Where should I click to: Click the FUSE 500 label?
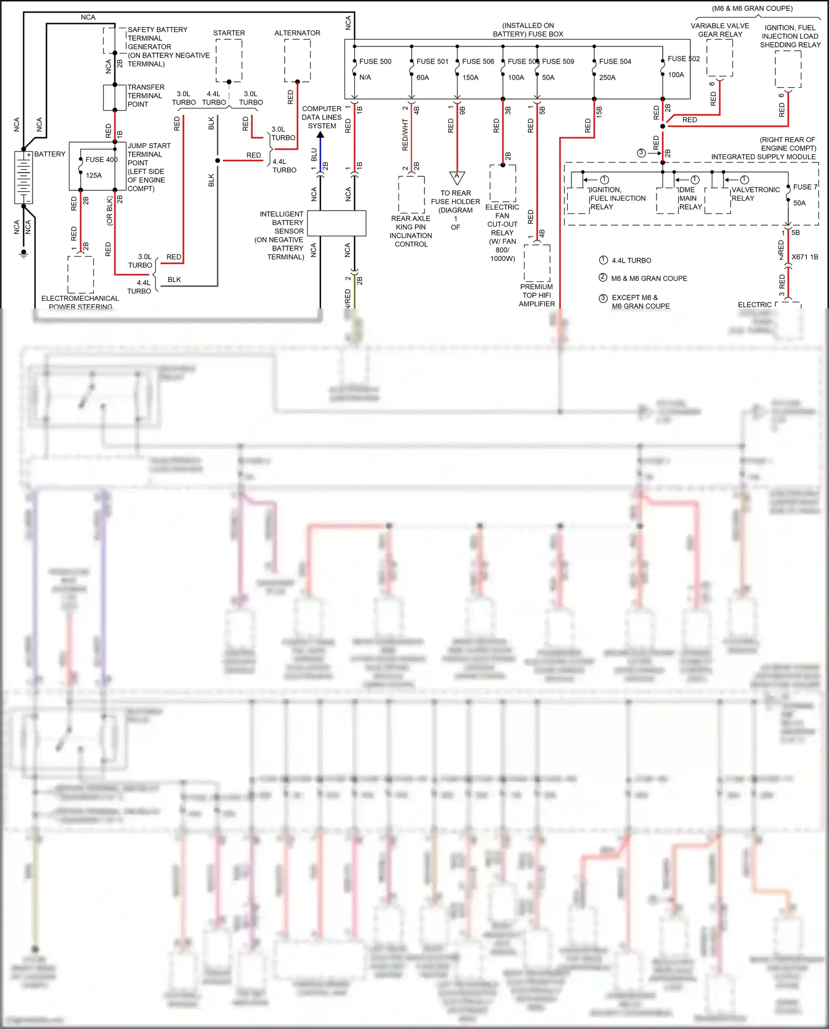pyautogui.click(x=375, y=61)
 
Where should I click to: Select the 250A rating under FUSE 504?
pyautogui.click(x=607, y=77)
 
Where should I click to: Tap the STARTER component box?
pyautogui.click(x=229, y=60)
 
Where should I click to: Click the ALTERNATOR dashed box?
pyautogui.click(x=297, y=60)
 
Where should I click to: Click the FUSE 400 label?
pyautogui.click(x=101, y=159)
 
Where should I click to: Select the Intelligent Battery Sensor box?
pyautogui.click(x=337, y=223)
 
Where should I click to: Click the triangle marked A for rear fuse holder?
pyautogui.click(x=457, y=177)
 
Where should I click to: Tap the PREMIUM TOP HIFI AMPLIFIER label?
pyautogui.click(x=537, y=295)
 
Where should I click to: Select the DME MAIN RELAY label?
pyautogui.click(x=690, y=198)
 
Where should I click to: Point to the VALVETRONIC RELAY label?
pyautogui.click(x=755, y=194)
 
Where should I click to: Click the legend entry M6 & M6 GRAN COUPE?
pyautogui.click(x=649, y=278)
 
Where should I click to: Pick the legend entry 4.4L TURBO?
pyautogui.click(x=631, y=260)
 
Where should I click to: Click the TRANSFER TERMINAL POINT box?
pyautogui.click(x=115, y=97)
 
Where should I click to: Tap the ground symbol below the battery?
pyautogui.click(x=24, y=253)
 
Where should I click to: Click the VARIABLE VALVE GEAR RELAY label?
pyautogui.click(x=720, y=30)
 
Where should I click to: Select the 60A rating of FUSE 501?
pyautogui.click(x=422, y=77)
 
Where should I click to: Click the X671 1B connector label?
pyautogui.click(x=804, y=257)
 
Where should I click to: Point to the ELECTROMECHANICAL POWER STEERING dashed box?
pyautogui.click(x=81, y=274)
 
